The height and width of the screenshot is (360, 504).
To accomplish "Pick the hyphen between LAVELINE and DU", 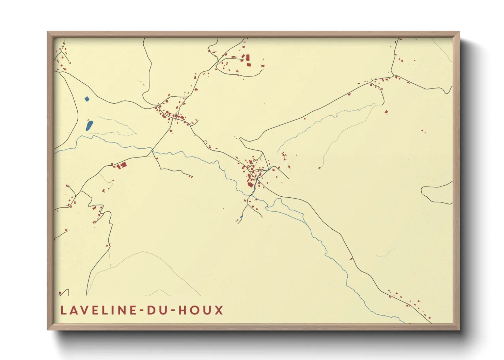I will (x=142, y=311).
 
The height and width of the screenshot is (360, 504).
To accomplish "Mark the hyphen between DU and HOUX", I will (x=172, y=311).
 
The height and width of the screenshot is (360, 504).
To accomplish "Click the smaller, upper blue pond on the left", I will (x=86, y=99).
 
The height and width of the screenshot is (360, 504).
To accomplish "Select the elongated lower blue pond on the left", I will (x=89, y=125).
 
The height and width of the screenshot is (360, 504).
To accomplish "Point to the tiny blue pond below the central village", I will (x=241, y=217).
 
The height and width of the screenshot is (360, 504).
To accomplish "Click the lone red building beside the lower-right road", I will (x=351, y=259).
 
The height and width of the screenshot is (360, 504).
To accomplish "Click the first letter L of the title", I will (x=63, y=310).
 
